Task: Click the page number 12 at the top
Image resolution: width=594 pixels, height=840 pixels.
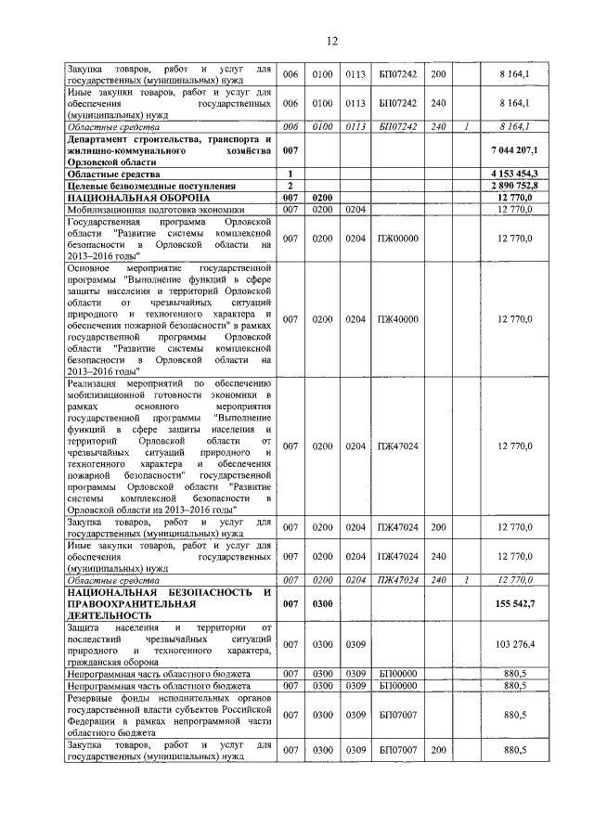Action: click(332, 40)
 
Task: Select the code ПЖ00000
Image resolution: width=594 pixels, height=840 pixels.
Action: click(398, 239)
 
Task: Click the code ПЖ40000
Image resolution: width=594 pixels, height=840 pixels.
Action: click(398, 319)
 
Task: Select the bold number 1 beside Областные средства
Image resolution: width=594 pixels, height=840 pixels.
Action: click(291, 174)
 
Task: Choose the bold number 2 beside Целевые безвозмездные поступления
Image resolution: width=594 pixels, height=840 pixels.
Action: click(291, 186)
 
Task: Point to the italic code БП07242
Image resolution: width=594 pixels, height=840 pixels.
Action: click(398, 125)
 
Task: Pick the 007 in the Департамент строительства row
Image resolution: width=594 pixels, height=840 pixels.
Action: click(291, 149)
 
